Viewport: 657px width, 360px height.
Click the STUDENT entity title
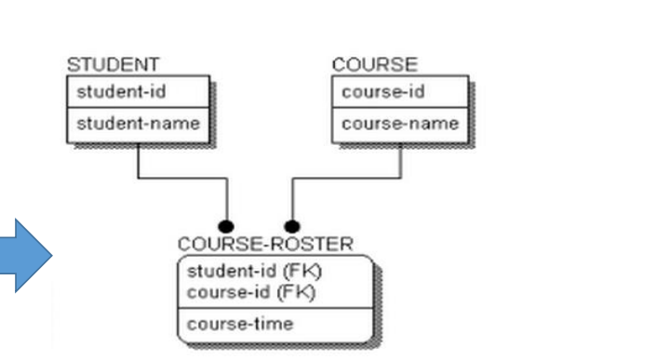(x=113, y=64)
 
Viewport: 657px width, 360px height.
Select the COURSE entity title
(x=374, y=64)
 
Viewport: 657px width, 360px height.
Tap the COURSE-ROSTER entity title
(x=265, y=244)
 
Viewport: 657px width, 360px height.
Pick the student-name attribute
(x=137, y=124)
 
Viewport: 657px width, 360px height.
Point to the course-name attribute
(x=399, y=124)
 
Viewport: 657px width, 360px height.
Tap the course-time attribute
(x=239, y=324)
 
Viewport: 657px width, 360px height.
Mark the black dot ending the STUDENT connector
(x=225, y=226)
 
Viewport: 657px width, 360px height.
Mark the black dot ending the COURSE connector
(x=292, y=226)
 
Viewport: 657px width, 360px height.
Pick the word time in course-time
(x=274, y=324)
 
